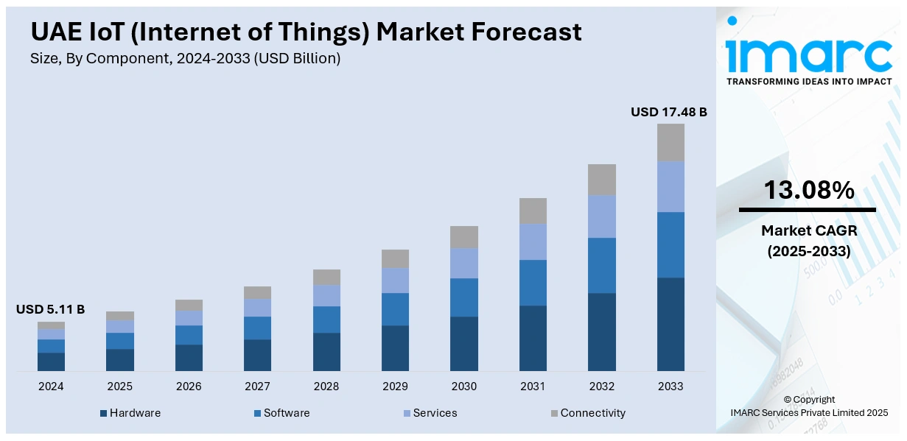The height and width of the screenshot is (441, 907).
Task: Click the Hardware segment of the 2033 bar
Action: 670,324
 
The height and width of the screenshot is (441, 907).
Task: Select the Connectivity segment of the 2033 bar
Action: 670,142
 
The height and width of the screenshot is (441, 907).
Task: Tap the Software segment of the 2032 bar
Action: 601,265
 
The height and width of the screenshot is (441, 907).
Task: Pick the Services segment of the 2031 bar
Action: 533,241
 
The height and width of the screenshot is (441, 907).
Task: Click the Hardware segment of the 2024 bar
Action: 51,361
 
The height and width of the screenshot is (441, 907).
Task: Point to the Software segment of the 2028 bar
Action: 326,320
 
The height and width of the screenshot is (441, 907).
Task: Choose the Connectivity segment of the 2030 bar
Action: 464,236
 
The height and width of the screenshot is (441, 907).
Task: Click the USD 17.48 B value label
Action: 668,112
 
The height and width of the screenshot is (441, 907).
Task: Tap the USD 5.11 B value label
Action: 50,309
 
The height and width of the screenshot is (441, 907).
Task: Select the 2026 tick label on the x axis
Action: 189,387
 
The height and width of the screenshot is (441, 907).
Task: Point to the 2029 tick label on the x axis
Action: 395,387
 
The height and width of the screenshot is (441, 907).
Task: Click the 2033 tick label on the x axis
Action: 670,387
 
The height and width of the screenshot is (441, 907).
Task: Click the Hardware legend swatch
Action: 104,413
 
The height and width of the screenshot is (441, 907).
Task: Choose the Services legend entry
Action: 435,413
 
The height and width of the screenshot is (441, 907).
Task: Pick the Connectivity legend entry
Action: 592,413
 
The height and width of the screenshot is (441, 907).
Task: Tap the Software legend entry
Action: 286,413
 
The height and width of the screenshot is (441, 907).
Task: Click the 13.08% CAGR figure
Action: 808,190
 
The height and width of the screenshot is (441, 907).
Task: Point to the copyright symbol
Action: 787,399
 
